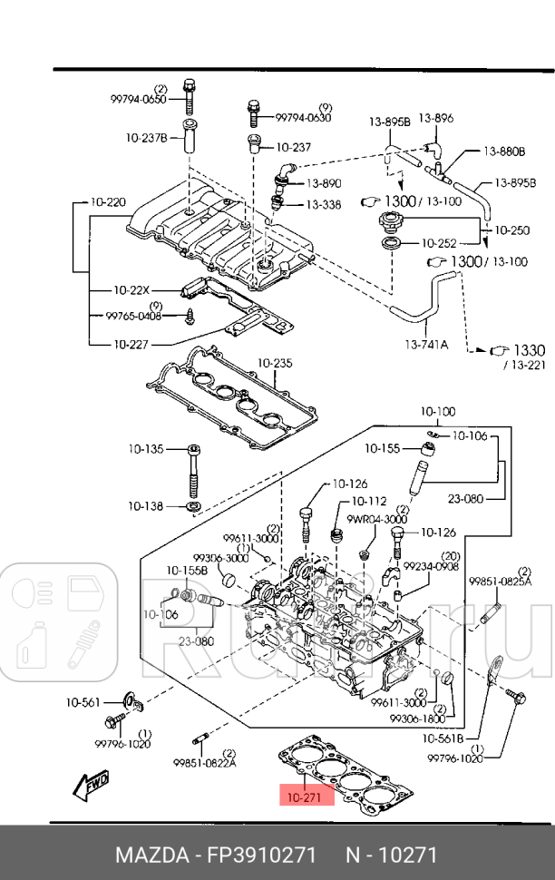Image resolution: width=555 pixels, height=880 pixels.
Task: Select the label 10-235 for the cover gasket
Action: click(275, 363)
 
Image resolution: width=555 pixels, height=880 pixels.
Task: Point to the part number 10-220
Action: click(109, 202)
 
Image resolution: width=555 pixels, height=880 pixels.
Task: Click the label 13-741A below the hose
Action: click(425, 344)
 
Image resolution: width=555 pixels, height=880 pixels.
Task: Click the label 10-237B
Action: click(146, 138)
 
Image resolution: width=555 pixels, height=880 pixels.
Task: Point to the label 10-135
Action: click(145, 448)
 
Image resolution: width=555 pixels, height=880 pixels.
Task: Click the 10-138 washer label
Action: click(145, 505)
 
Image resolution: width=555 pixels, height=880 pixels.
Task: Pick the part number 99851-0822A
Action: click(205, 762)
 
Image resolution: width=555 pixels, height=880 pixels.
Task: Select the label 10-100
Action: click(438, 411)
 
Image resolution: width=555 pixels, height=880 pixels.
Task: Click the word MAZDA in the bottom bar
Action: click(148, 856)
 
